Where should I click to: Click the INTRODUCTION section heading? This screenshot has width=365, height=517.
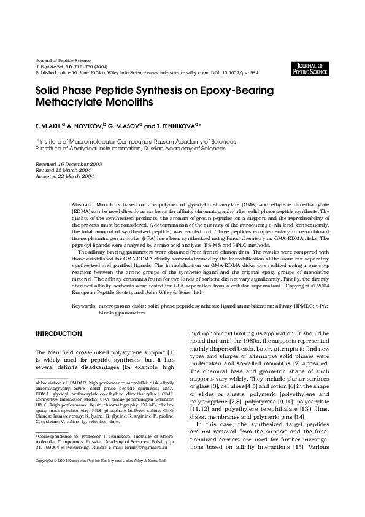[59, 333]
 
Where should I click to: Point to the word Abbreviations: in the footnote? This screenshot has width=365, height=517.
[52, 383]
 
